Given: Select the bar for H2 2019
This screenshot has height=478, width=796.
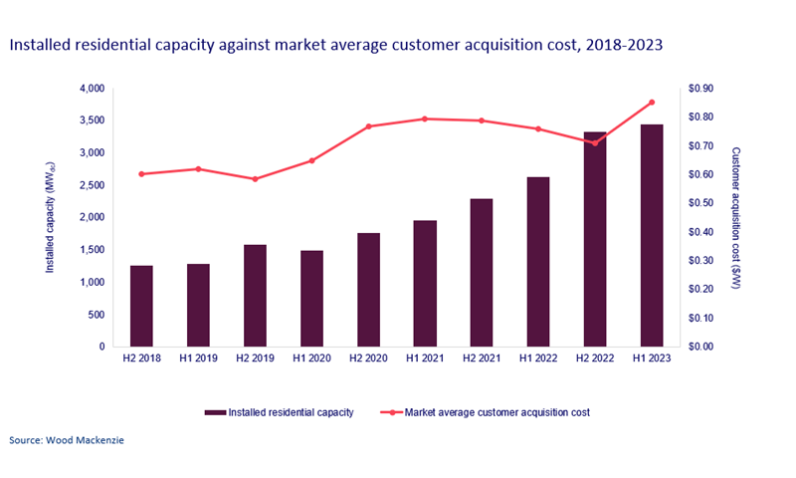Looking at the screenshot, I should pyautogui.click(x=255, y=295).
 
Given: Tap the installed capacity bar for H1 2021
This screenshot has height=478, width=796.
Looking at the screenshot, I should pyautogui.click(x=425, y=283).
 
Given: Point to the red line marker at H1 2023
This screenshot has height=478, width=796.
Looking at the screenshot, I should pyautogui.click(x=652, y=103).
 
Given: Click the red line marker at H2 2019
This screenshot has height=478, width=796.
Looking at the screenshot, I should pyautogui.click(x=255, y=179).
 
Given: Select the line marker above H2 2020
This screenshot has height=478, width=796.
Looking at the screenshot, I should pyautogui.click(x=368, y=126).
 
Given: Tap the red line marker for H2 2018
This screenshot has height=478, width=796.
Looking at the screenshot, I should pyautogui.click(x=141, y=174).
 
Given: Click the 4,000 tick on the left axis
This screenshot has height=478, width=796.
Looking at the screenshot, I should pyautogui.click(x=92, y=89).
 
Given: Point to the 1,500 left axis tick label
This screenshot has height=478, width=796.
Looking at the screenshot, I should pyautogui.click(x=92, y=250).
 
